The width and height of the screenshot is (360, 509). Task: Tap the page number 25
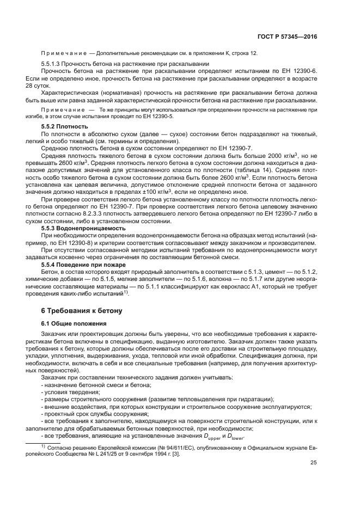314,463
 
